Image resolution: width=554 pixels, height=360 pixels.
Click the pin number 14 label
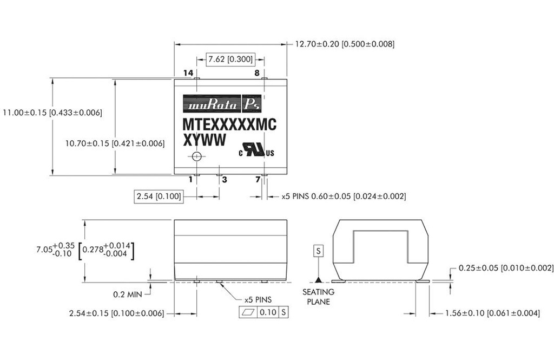point(188,73)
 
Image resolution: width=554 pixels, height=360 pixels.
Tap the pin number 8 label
point(257,73)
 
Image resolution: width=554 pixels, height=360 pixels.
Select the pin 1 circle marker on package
point(197,156)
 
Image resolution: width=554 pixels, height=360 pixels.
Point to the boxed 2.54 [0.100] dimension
point(158,196)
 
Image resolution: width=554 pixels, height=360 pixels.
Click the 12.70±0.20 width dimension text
point(344,44)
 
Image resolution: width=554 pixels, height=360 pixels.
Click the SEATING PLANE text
point(318,298)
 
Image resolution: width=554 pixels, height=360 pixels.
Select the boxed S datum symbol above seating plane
point(318,251)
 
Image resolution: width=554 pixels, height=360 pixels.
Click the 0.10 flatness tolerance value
point(269,313)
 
